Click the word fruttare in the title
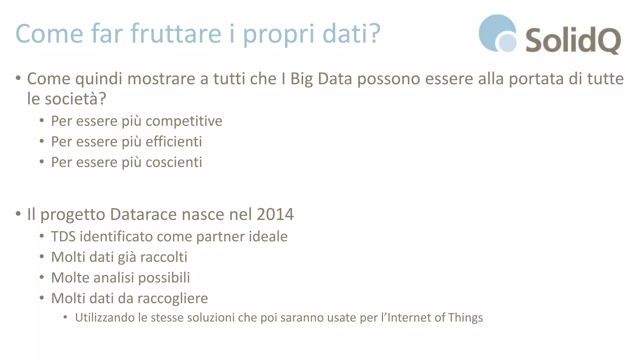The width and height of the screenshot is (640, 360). pos(176,33)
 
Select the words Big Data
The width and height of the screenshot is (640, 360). pos(321,79)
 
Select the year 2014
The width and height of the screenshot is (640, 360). pos(275,214)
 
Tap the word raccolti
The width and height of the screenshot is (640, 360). pos(164,257)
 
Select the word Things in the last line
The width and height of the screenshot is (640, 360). pos(465,317)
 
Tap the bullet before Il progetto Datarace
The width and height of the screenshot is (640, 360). pos(18,214)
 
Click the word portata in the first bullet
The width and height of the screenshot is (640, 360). pos(537,79)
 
